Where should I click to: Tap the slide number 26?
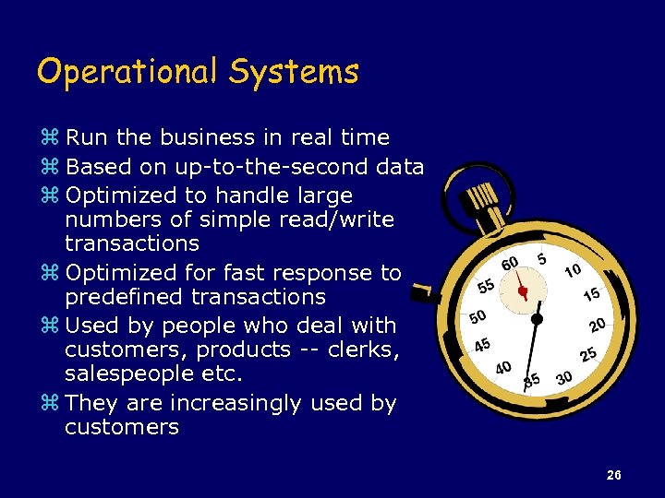point(614,476)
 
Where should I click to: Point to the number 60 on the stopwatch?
point(509,265)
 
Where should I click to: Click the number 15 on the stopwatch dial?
point(591,293)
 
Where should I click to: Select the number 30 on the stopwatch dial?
point(564,378)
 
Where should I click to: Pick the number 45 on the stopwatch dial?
point(482,345)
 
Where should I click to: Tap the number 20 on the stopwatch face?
point(597,325)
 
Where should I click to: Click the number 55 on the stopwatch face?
point(486,286)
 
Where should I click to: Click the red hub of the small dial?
point(523,291)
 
